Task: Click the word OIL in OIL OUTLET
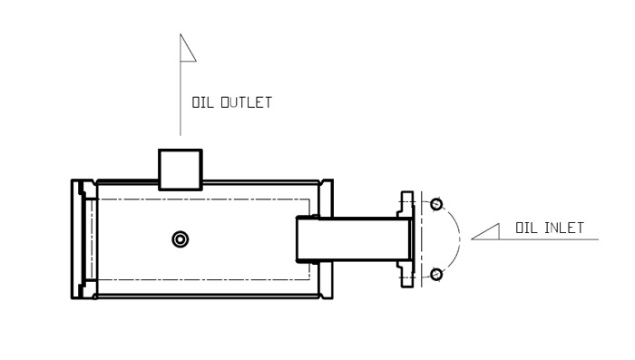tap(202, 102)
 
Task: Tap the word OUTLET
tap(246, 102)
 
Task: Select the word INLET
tap(564, 228)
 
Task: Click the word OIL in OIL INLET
tap(526, 228)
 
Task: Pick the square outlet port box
tap(181, 170)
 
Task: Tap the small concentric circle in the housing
tap(181, 239)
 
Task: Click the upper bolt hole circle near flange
tap(436, 204)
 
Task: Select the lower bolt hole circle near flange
tap(436, 275)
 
